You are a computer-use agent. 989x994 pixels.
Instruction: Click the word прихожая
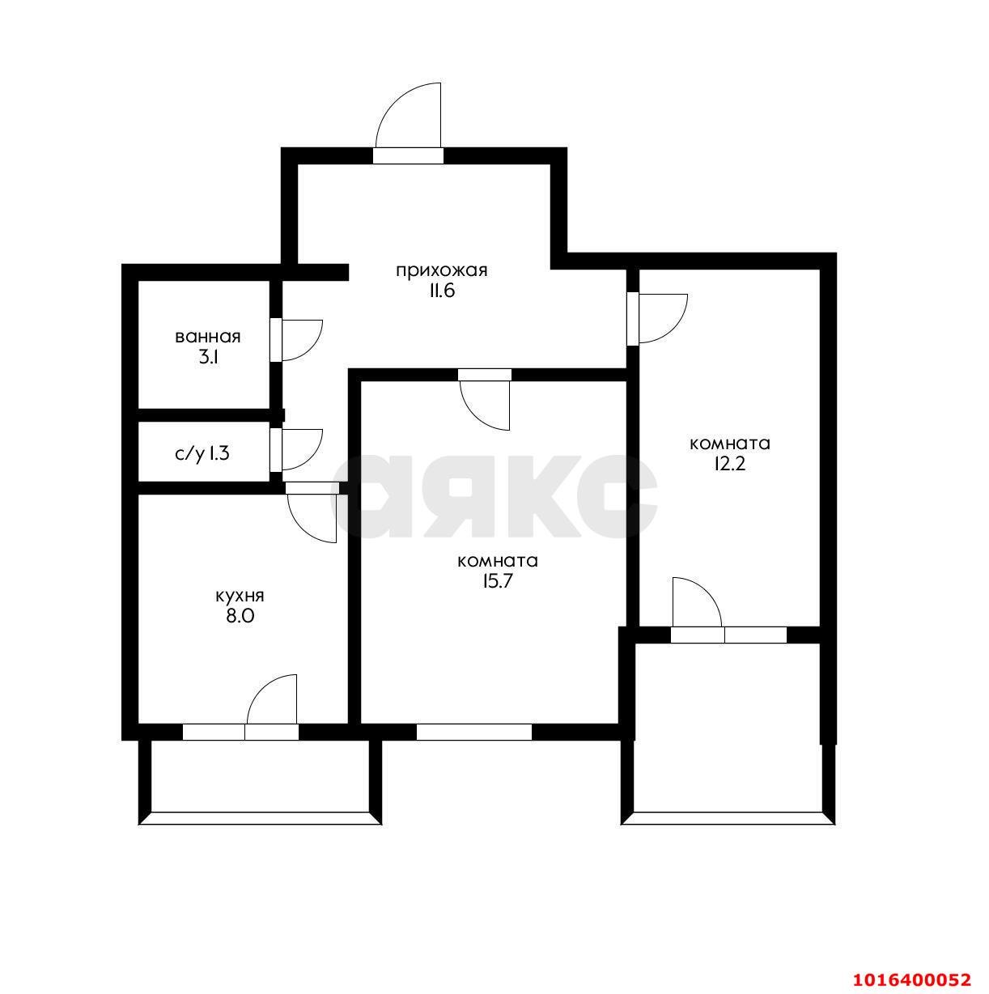[x=441, y=270]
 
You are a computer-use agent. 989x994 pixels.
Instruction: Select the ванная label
[x=208, y=337]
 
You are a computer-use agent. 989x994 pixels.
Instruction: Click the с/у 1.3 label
[x=202, y=453]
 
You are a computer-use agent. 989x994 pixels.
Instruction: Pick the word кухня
[x=240, y=596]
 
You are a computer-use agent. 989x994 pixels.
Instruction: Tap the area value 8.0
[x=240, y=616]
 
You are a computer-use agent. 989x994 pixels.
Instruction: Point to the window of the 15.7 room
[x=474, y=732]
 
